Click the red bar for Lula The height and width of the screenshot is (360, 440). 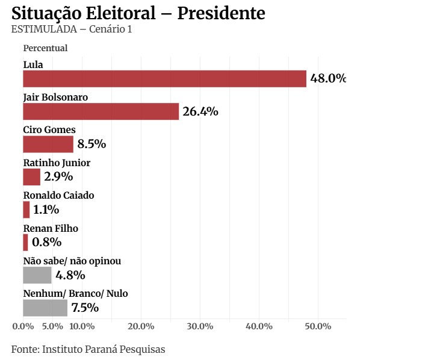click(164, 79)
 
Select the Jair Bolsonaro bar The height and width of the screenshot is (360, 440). click(101, 111)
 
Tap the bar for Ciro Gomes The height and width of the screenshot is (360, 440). click(48, 144)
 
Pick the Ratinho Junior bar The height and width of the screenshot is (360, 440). click(31, 177)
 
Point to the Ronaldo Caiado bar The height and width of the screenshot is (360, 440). click(26, 209)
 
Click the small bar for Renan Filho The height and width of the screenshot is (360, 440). click(25, 243)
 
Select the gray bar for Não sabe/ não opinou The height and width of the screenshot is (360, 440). click(37, 275)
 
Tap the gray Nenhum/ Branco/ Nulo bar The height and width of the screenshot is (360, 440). click(45, 308)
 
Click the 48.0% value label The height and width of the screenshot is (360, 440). click(328, 79)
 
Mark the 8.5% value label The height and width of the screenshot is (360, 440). click(91, 144)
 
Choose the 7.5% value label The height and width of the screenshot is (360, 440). click(85, 308)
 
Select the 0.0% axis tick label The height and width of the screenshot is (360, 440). click(23, 326)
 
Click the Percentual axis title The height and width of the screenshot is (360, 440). click(45, 48)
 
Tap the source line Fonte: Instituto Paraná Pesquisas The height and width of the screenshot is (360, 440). click(88, 349)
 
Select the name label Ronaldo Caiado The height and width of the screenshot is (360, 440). click(58, 196)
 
